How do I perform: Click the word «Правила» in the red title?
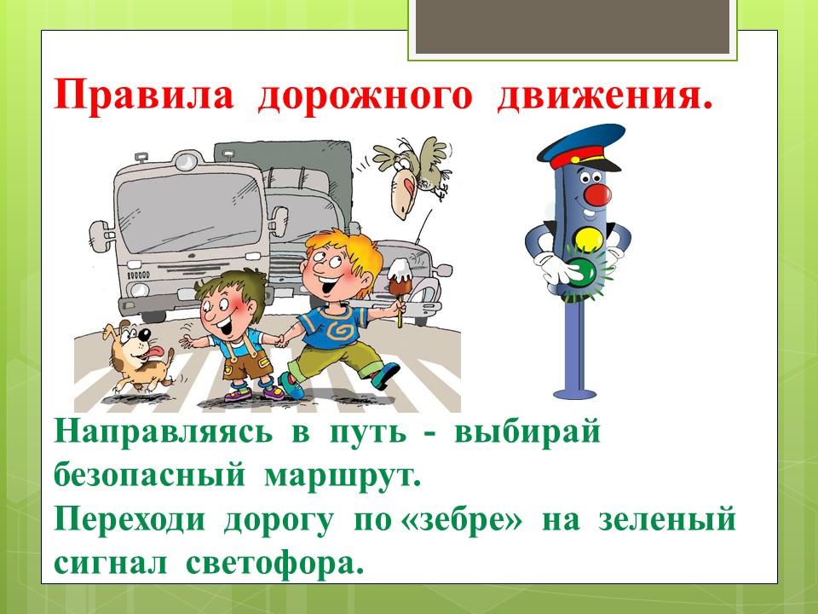pos(144,95)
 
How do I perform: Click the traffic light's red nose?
pos(597,194)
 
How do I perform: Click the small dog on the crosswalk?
pos(138,355)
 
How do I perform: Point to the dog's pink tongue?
pos(154,353)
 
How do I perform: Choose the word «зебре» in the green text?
pos(461,520)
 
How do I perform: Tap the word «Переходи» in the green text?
pos(130,520)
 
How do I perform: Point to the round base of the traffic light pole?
pos(574,394)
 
